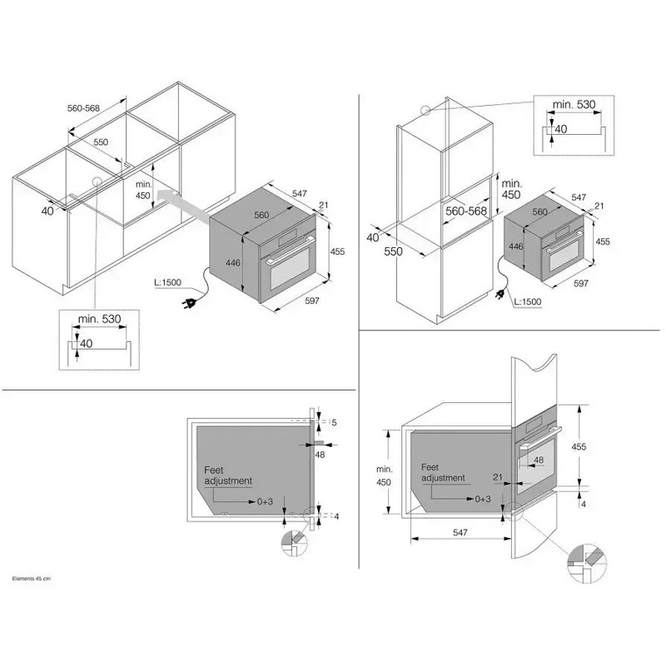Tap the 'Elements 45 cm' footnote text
32,579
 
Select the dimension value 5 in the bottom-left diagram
335,422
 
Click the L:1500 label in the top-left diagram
168,282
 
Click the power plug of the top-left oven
190,303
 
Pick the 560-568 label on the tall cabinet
466,211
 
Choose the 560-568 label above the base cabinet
84,108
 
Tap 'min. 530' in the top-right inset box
574,105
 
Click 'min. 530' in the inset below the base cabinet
99,319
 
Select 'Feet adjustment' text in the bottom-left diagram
228,475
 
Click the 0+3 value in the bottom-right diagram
483,499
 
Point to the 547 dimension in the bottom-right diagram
460,533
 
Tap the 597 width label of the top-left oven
311,301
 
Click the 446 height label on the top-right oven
515,246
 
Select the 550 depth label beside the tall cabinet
393,251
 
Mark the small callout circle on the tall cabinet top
425,110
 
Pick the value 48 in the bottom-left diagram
320,455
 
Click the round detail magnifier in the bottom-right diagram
587,562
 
